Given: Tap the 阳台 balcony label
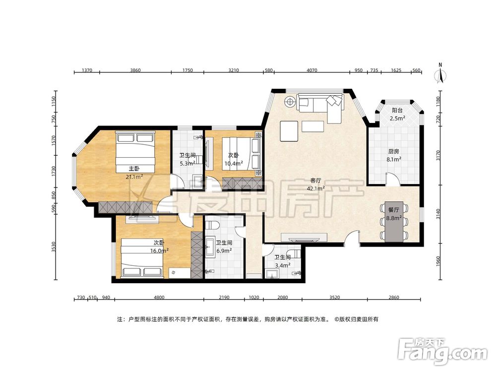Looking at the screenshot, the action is point(397,111).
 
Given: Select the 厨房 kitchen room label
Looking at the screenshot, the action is point(393,151).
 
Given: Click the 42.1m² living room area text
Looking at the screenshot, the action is point(315,188).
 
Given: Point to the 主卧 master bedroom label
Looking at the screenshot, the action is point(134,169).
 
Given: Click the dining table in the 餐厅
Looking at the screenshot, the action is point(394,221).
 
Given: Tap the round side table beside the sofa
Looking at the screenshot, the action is point(290,102).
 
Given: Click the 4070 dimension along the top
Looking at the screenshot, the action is point(312,70).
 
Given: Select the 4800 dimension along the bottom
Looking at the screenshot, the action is point(159,297).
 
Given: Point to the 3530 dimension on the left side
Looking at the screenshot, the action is point(54,247).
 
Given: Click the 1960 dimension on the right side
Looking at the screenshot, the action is point(438,261).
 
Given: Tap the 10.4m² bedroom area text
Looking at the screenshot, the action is point(234,164).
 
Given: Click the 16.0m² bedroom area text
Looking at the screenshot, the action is point(159,251).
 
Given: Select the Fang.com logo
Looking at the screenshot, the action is point(442,351).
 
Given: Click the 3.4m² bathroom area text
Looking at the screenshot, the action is point(282,265).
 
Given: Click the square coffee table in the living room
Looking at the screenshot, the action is point(289,131).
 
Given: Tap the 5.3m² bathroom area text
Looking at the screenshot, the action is point(187,164).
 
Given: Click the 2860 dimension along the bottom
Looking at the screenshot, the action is point(394,297).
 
